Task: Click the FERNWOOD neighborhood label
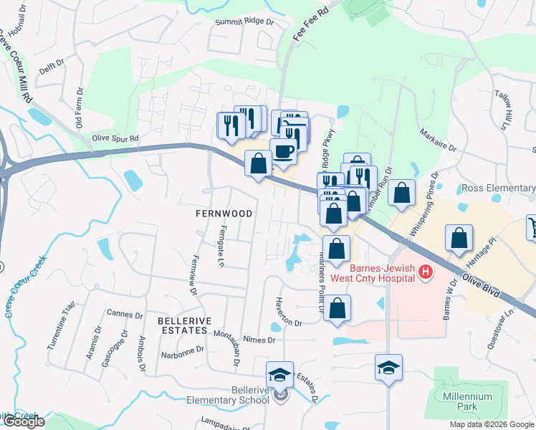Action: (x=224, y=214)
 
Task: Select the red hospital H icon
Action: (x=426, y=272)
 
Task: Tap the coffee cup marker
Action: (x=283, y=151)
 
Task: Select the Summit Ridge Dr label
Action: (x=245, y=22)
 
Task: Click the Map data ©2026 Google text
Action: (x=491, y=424)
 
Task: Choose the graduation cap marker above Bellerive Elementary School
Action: (x=279, y=373)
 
